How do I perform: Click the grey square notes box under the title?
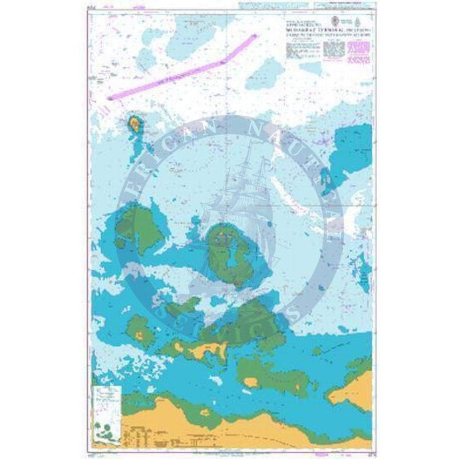(331, 51)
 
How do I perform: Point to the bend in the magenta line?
(224, 61)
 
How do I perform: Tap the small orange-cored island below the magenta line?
(135, 123)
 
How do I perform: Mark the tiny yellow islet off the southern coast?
(251, 382)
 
